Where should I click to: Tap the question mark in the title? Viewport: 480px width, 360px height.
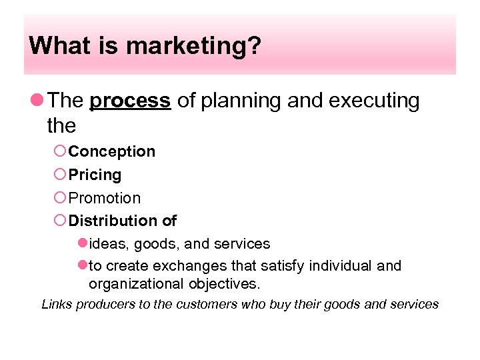[255, 46]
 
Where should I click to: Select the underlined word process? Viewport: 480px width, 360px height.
[130, 101]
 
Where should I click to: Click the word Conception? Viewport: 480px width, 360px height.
[112, 151]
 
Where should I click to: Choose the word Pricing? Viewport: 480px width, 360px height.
[95, 175]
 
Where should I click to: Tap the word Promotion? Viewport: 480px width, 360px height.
[105, 198]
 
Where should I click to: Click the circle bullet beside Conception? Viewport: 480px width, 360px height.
[60, 151]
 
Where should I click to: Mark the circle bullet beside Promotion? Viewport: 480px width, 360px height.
[60, 198]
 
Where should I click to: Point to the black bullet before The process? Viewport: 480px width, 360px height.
[37, 101]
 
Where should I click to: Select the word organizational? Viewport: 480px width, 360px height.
[134, 284]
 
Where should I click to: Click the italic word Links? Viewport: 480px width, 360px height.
[57, 305]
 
